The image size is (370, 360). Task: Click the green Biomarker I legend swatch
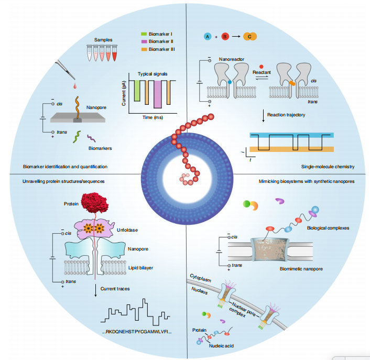[144, 34]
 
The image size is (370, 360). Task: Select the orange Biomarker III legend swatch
[144, 49]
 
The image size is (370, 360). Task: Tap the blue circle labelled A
[208, 36]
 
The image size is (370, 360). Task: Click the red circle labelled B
[225, 36]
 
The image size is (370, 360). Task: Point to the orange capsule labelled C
[249, 36]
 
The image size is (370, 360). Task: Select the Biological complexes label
[328, 228]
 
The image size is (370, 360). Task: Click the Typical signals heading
[153, 74]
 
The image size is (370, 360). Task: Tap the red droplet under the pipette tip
[75, 85]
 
